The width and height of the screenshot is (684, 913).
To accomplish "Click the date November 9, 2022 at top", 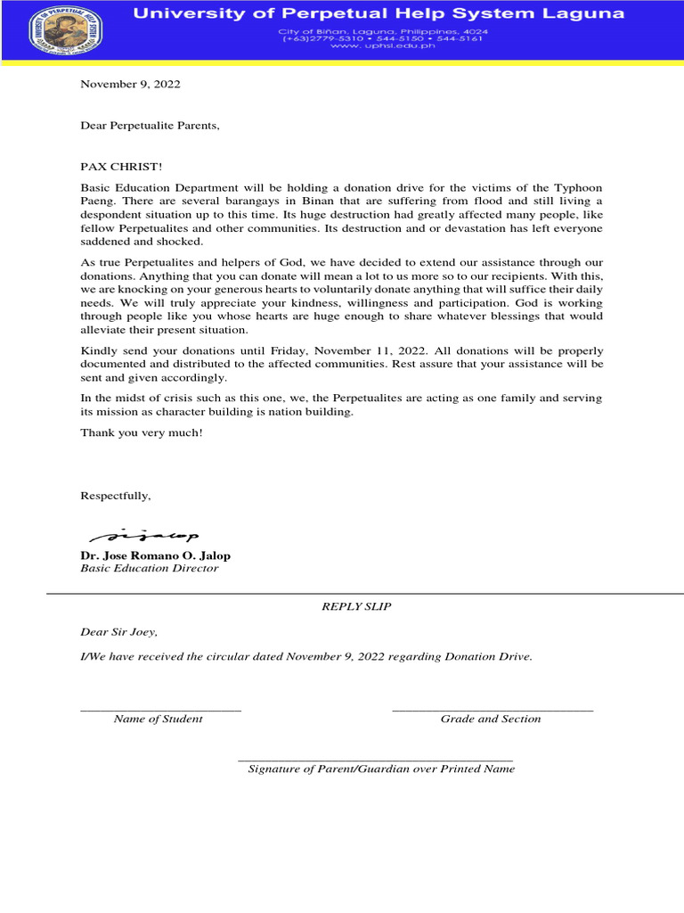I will pos(130,85).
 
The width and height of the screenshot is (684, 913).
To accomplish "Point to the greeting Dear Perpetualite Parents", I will pos(150,126).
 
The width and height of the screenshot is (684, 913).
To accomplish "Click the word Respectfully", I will pos(116,496).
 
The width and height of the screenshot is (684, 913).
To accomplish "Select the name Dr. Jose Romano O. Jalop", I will pos(155,555).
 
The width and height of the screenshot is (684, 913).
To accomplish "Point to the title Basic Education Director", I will pos(149,569).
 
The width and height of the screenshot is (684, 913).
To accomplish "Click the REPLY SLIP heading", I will pos(356,606).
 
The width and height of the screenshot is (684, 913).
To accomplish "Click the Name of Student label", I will pos(158,719).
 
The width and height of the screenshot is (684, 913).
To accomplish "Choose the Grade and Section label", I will pos(491,719).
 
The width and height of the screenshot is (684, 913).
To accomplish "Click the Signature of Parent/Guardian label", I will pos(381,769).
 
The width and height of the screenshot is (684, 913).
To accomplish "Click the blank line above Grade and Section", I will pos(493,710).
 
